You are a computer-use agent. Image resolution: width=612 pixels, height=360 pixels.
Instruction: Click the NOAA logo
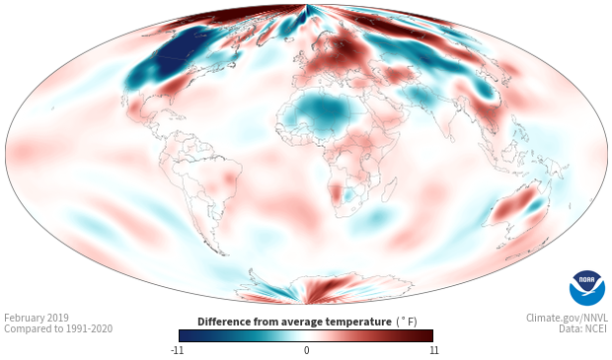[586, 288]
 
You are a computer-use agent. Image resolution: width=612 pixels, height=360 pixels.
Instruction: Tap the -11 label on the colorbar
[178, 350]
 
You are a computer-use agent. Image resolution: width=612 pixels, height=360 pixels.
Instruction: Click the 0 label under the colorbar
[306, 350]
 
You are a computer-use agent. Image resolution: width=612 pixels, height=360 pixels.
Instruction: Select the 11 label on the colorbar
[433, 350]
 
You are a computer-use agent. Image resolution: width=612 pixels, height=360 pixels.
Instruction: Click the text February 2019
[37, 318]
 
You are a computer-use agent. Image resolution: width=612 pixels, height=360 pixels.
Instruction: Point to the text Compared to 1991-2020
[58, 328]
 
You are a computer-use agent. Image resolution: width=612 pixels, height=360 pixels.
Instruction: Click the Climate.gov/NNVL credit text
[567, 318]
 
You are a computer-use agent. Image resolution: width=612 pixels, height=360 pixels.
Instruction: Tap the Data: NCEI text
[583, 328]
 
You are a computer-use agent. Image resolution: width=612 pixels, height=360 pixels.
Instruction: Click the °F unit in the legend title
[407, 322]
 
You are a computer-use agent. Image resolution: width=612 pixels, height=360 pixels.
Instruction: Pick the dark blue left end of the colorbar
[185, 335]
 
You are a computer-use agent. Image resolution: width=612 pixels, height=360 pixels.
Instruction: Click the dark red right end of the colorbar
[427, 335]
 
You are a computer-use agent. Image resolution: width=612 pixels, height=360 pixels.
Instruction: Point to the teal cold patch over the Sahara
[321, 110]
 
